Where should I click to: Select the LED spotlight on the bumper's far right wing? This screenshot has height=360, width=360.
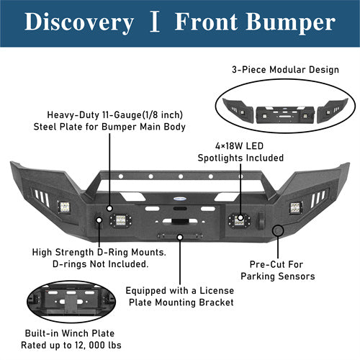295,208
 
